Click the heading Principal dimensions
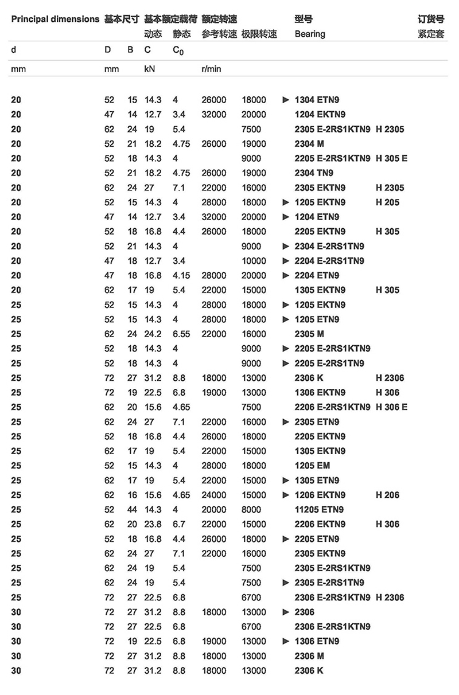pyautogui.click(x=55, y=19)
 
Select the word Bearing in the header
pyautogui.click(x=310, y=34)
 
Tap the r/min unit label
pyautogui.click(x=211, y=69)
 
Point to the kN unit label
pyautogui.click(x=149, y=69)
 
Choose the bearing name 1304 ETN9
pyautogui.click(x=317, y=100)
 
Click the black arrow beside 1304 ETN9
pyautogui.click(x=286, y=100)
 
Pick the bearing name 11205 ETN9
pyautogui.click(x=319, y=509)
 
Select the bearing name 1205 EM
pyautogui.click(x=312, y=466)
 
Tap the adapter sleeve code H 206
pyautogui.click(x=387, y=495)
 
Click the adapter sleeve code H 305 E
pyautogui.click(x=391, y=158)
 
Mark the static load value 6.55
pyautogui.click(x=181, y=334)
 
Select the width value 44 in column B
pyautogui.click(x=132, y=509)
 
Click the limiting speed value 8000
pyautogui.click(x=251, y=509)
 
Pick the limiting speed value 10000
pyautogui.click(x=254, y=261)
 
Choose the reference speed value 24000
pyautogui.click(x=214, y=495)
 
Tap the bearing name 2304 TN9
pyautogui.click(x=314, y=173)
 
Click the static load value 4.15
pyautogui.click(x=181, y=275)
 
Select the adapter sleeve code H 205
pyautogui.click(x=387, y=202)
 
